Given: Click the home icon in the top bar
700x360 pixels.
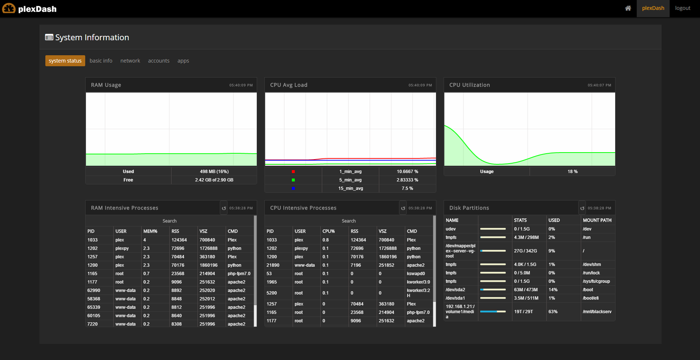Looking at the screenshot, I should (628, 8).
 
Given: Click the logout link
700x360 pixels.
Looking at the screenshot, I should (682, 8).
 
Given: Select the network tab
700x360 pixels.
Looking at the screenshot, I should (130, 61).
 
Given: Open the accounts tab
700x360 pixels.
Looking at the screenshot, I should (159, 61).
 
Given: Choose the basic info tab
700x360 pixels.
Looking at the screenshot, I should (101, 61).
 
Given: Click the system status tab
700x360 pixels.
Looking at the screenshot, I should (65, 61).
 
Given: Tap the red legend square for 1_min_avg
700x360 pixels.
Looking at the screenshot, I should (293, 172).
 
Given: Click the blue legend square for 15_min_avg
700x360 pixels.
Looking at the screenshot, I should (293, 188).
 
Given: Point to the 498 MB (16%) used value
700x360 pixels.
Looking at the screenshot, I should (214, 172).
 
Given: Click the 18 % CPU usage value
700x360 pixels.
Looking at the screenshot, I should (572, 172).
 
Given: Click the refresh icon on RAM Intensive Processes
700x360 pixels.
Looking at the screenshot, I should (224, 208).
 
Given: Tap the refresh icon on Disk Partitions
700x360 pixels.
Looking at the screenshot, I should (582, 208).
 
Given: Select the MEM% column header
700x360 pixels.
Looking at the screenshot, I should (150, 231).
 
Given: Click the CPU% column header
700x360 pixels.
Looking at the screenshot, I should (328, 231).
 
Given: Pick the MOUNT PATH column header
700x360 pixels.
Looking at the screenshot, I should (597, 220).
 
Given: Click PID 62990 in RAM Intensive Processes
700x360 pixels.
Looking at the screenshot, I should (94, 290).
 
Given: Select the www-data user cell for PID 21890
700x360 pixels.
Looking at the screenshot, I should (304, 265).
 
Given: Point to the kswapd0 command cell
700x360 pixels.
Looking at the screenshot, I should (416, 274).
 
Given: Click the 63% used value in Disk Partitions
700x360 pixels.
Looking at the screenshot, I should (553, 312).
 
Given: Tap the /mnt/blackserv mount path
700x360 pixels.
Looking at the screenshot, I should (597, 312).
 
